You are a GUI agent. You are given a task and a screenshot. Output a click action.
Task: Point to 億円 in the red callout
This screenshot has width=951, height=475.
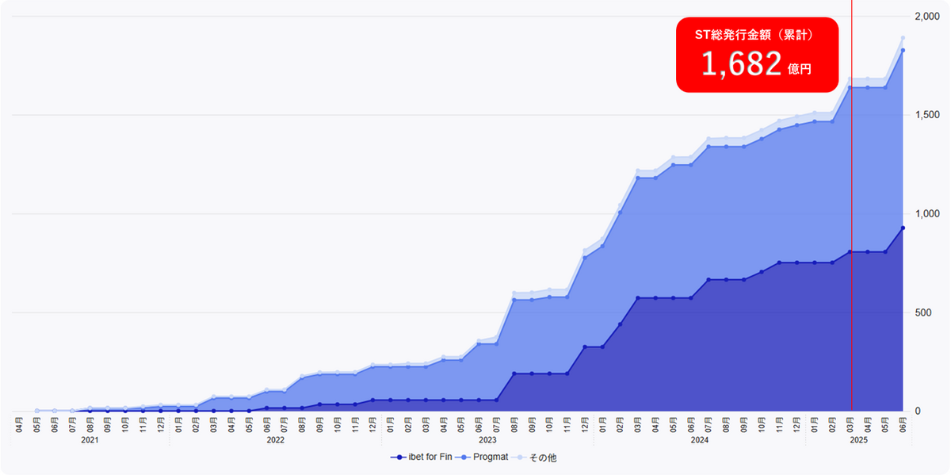click(800, 70)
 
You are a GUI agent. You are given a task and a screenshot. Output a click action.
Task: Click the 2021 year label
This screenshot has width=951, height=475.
click(90, 439)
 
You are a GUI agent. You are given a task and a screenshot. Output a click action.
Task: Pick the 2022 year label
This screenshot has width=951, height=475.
click(275, 439)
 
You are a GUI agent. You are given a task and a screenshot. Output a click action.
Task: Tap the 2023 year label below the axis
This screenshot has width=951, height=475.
click(487, 439)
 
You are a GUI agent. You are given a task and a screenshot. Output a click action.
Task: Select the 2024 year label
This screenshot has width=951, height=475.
click(699, 439)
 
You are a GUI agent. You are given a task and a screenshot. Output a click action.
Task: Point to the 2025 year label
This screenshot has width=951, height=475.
click(858, 439)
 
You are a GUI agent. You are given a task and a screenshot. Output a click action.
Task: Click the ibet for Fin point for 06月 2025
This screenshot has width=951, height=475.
click(903, 228)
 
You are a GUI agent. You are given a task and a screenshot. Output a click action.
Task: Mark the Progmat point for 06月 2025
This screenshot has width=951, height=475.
click(903, 51)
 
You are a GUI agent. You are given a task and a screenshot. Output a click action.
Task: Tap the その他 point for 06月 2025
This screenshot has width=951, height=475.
click(903, 38)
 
